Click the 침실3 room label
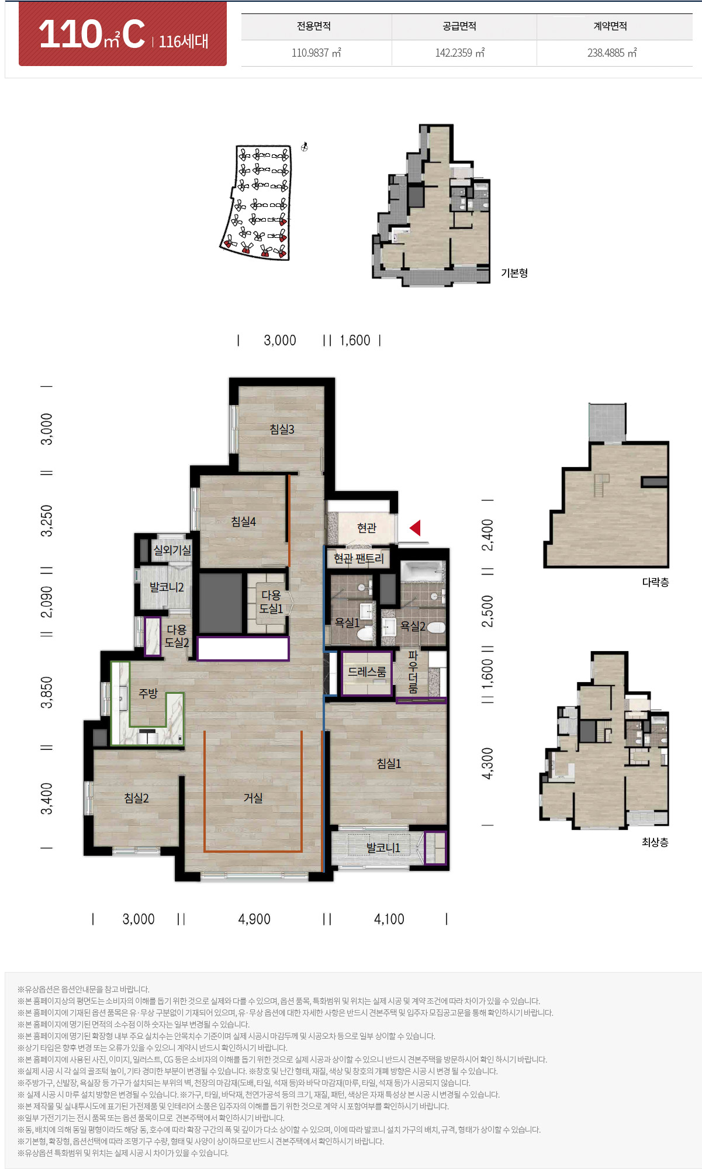282,429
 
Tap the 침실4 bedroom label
243,521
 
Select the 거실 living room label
253,798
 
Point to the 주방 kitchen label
148,693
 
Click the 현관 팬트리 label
358,559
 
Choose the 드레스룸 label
367,672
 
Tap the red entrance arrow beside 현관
415,528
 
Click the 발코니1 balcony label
383,848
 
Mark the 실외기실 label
172,550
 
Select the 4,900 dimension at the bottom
254,919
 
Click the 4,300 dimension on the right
487,763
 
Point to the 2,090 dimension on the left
47,602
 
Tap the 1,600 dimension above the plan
355,340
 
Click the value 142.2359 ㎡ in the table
460,53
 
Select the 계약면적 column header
610,26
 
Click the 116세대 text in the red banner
184,41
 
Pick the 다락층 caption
655,582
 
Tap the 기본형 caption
514,273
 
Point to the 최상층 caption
655,842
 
